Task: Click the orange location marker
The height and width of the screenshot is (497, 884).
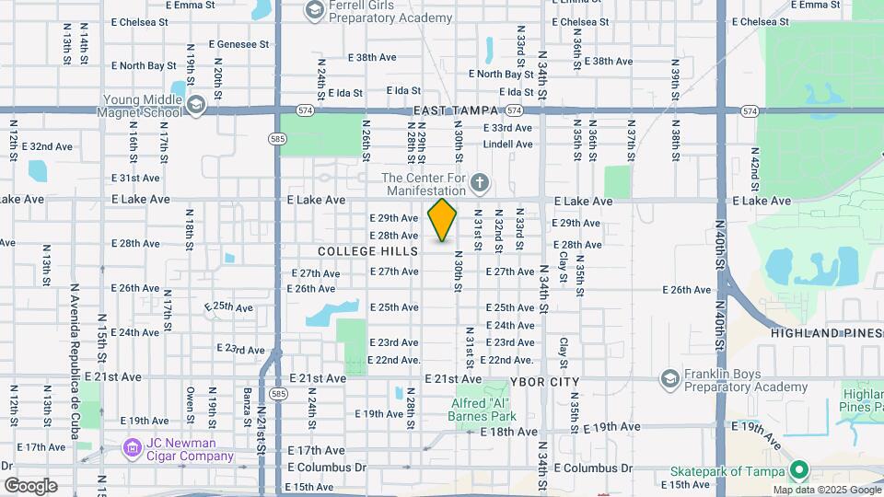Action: coord(443,220)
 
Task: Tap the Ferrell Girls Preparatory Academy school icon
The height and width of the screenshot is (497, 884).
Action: coord(313,10)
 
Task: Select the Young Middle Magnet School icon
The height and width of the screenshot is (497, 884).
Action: coord(195,107)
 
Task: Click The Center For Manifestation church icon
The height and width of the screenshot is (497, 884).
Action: coord(479,184)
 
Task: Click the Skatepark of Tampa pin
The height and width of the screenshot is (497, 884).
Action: coord(798,469)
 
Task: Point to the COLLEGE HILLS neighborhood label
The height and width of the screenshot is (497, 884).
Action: coord(367,251)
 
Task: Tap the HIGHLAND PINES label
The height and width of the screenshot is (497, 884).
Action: coord(826,332)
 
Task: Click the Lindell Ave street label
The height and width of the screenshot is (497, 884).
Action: coord(507,144)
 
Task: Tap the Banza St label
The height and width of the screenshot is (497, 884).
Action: coord(247,410)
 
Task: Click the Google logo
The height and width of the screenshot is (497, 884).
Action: coord(30,485)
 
